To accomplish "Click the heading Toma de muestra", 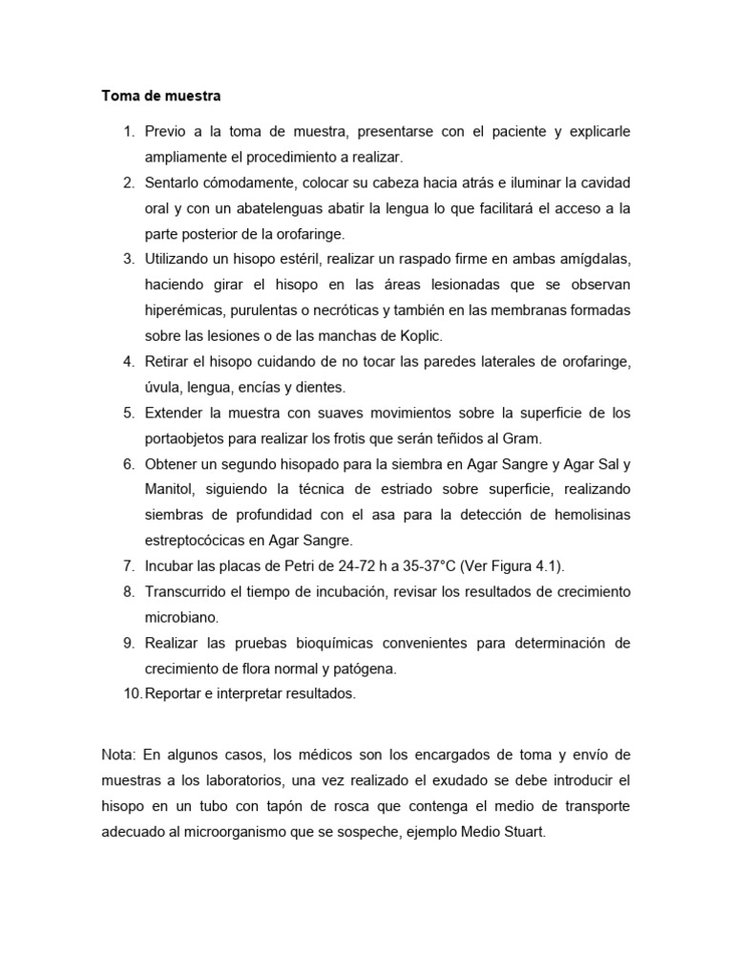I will pos(161,96).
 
